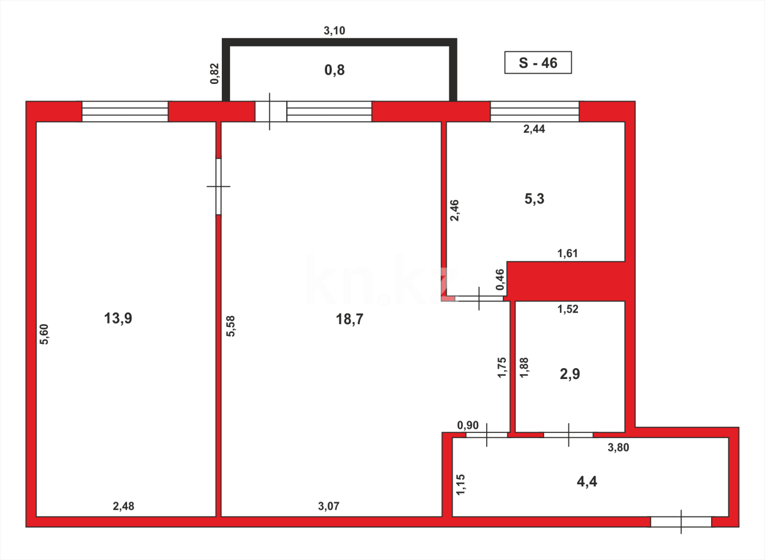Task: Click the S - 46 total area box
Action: (x=538, y=63)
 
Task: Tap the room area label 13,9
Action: (x=118, y=318)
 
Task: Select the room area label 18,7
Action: (x=349, y=319)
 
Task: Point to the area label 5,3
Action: (x=534, y=199)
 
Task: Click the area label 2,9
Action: (x=570, y=374)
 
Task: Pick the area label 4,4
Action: (x=587, y=482)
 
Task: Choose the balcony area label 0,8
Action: (x=334, y=70)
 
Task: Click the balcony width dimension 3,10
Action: (x=334, y=31)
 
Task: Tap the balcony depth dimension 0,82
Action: (x=215, y=74)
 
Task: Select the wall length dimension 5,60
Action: (x=44, y=334)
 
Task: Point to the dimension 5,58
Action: (x=231, y=326)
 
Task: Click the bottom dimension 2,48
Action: (x=123, y=506)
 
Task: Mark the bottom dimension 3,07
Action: (x=329, y=506)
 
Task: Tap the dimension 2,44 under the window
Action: (x=534, y=129)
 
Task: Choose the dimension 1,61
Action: (x=568, y=254)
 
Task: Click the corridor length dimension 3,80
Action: (x=618, y=447)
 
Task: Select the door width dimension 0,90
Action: (x=468, y=426)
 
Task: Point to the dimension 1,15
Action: (x=460, y=485)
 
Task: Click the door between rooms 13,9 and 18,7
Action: (x=219, y=186)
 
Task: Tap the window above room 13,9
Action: (x=125, y=111)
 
